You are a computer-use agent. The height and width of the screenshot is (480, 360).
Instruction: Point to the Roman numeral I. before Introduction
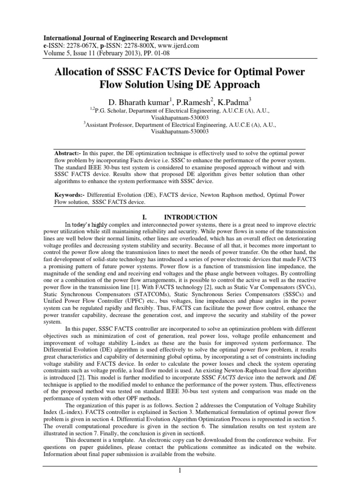[x=144, y=217]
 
